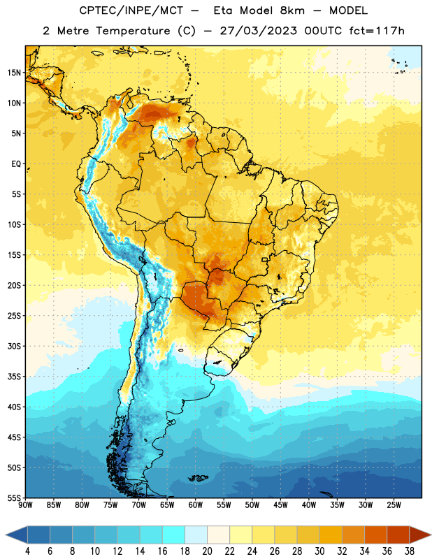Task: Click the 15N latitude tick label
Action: (14, 73)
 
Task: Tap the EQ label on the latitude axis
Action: (16, 164)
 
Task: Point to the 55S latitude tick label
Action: (14, 498)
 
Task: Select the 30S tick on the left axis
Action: (14, 346)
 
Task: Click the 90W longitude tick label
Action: (26, 505)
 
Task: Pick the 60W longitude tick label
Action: (196, 505)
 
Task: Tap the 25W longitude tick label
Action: (394, 505)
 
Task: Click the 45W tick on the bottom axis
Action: (280, 505)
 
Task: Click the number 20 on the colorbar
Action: (207, 551)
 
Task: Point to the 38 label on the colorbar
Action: (410, 551)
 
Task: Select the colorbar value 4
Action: (27, 551)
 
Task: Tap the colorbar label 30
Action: (319, 551)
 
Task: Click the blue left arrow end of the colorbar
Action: (17, 535)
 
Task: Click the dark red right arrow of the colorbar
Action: (420, 535)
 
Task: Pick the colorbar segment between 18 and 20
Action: (196, 535)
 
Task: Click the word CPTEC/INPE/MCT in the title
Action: (131, 10)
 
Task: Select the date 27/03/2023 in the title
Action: (258, 31)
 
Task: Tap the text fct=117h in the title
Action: (377, 31)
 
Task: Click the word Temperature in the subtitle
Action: (133, 31)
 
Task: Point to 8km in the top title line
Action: (292, 10)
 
